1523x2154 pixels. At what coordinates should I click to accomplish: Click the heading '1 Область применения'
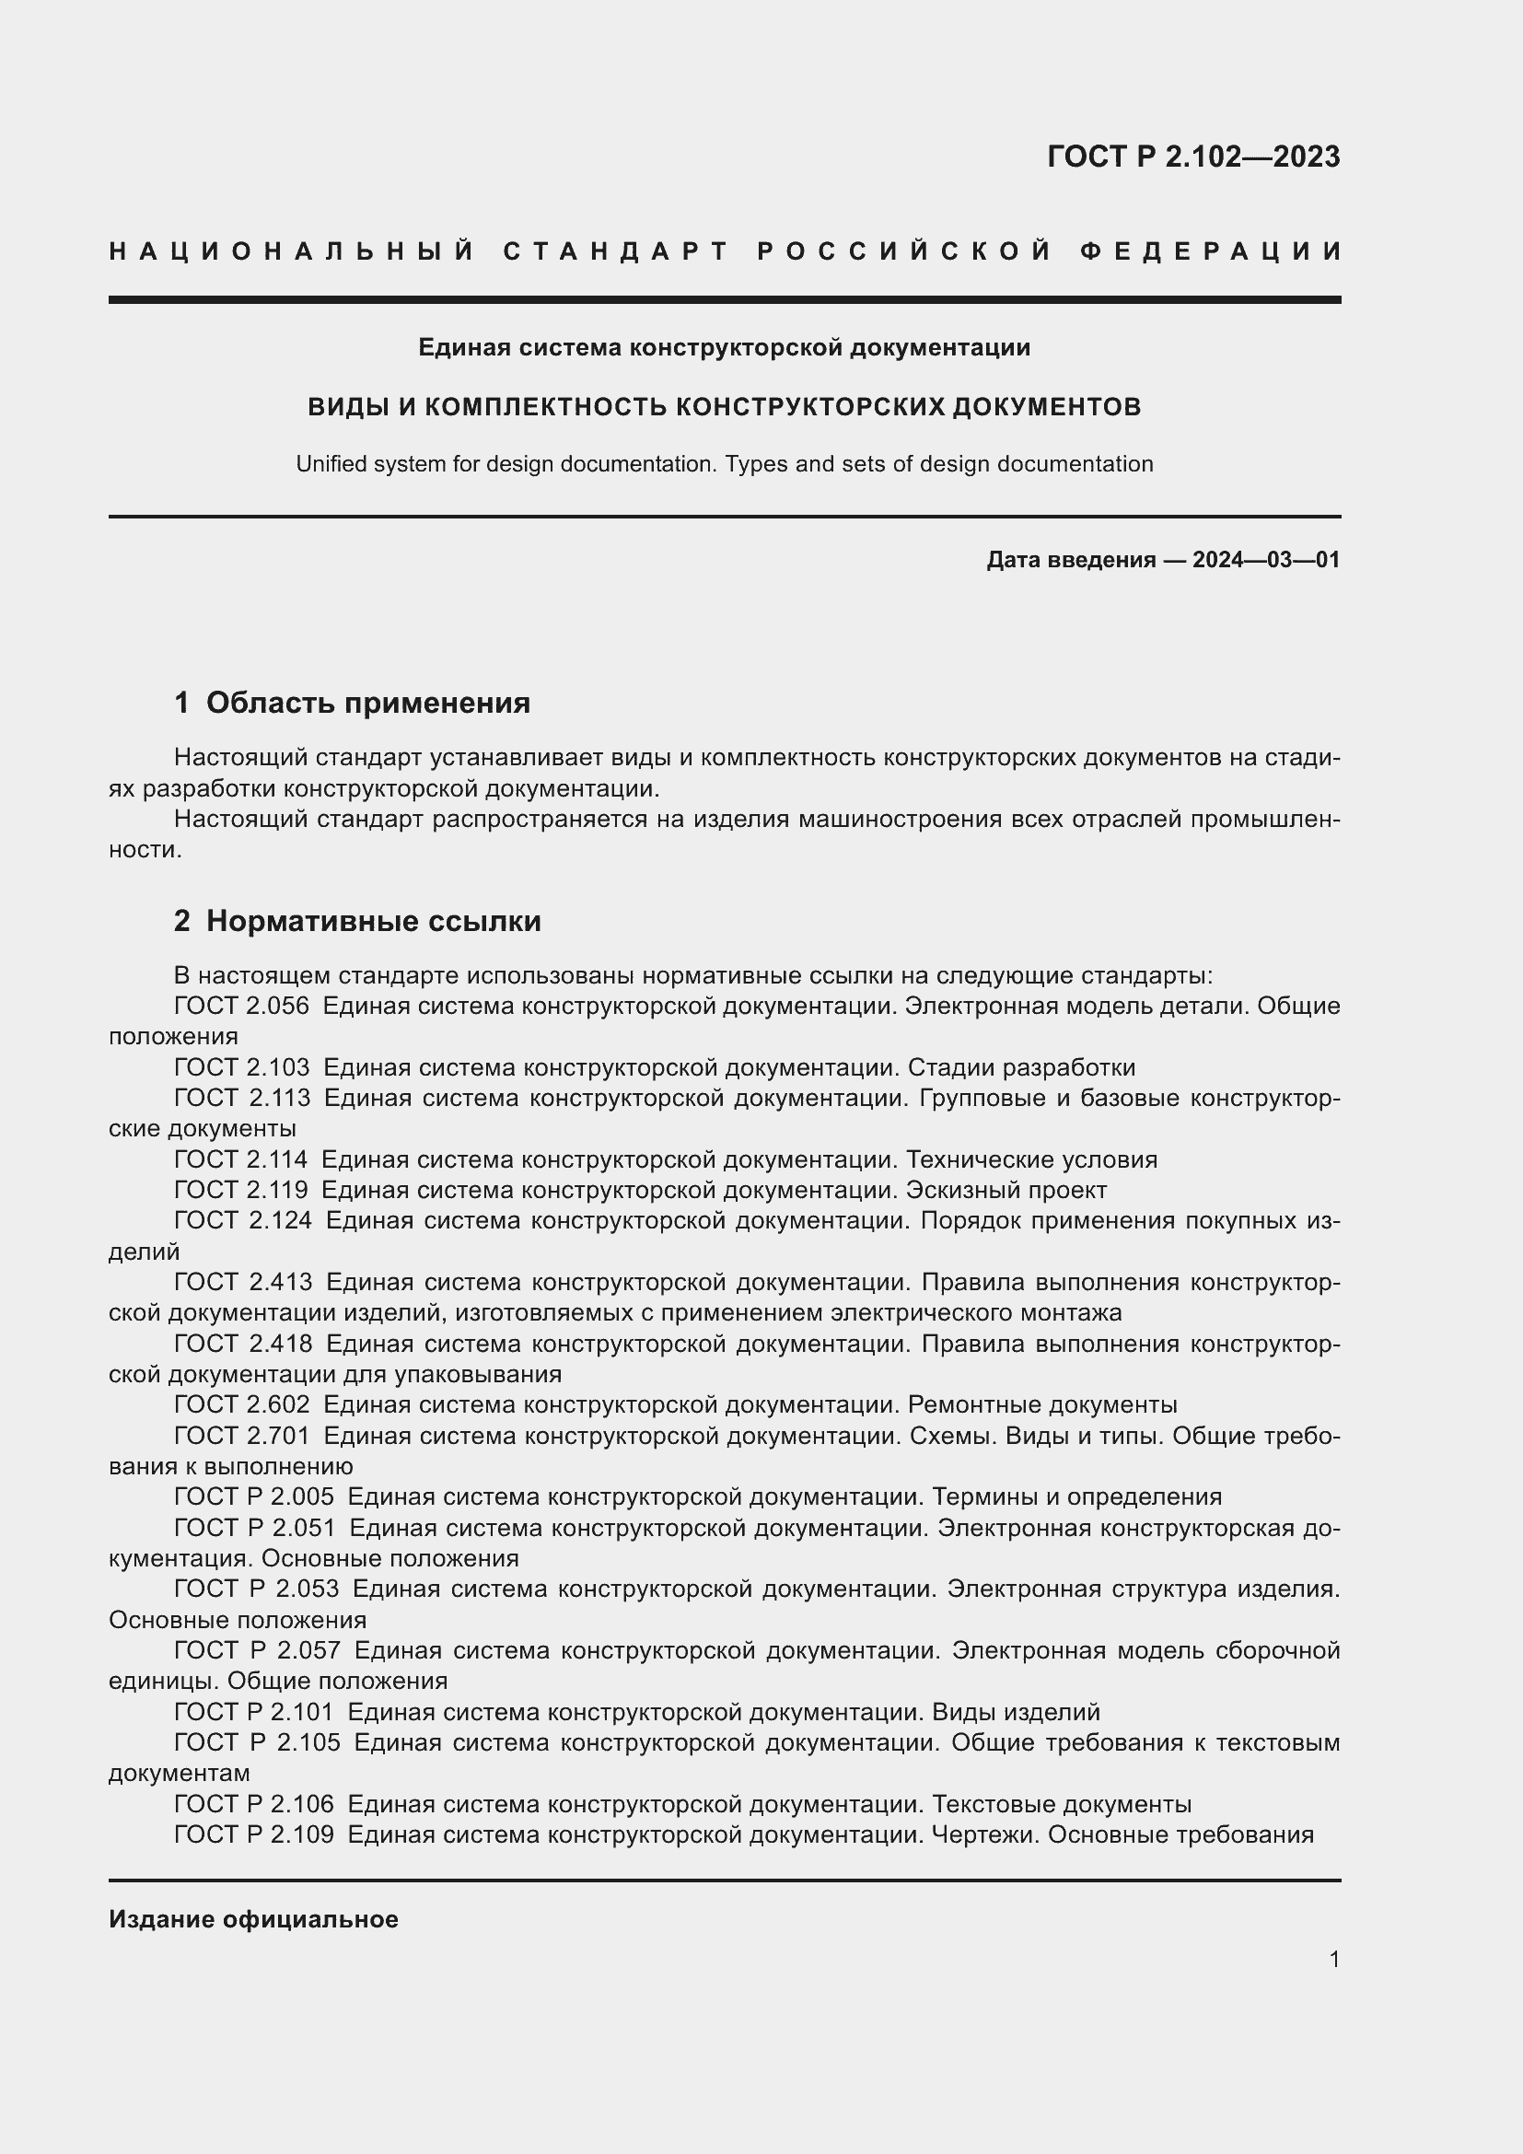(x=352, y=703)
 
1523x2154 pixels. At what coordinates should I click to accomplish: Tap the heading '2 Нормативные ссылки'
(x=357, y=921)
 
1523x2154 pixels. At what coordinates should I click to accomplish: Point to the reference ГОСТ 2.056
(x=241, y=1007)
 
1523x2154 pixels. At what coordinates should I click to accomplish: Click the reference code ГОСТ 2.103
(x=241, y=1067)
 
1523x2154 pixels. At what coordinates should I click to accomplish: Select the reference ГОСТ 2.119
(x=240, y=1191)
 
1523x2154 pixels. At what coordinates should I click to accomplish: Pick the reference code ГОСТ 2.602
(x=241, y=1405)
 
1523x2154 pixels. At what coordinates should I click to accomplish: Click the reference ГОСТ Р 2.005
(x=253, y=1497)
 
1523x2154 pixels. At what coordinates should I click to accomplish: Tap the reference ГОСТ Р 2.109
(x=253, y=1835)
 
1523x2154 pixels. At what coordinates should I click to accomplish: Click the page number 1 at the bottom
(x=1333, y=1960)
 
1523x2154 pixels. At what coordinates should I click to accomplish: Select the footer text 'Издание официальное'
(x=253, y=1919)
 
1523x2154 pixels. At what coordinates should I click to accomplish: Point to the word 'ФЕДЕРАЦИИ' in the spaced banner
(x=1211, y=251)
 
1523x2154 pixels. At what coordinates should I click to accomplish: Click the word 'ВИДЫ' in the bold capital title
(x=346, y=407)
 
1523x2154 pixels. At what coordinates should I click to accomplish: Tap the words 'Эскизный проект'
(x=1006, y=1191)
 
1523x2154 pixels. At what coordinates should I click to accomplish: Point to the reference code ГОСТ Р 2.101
(x=253, y=1712)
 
